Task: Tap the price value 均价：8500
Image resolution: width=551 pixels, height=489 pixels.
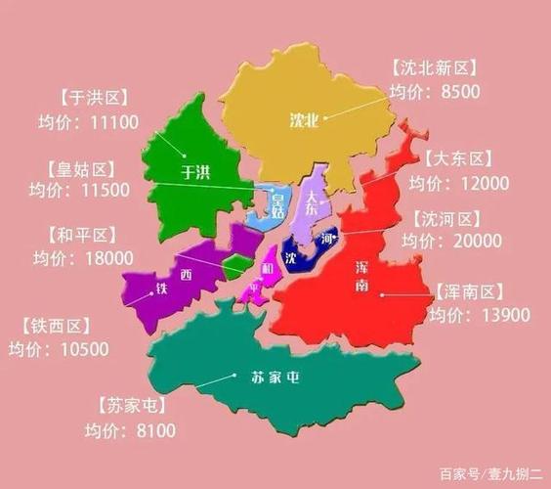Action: click(x=433, y=91)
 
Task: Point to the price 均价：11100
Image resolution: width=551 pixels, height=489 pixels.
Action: click(x=95, y=122)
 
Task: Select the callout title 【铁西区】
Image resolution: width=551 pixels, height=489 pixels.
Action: click(x=55, y=326)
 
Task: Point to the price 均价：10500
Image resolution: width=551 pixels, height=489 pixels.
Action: click(x=58, y=348)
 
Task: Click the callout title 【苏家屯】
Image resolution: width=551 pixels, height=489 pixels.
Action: click(x=133, y=405)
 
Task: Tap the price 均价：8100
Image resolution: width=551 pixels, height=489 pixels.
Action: click(x=129, y=430)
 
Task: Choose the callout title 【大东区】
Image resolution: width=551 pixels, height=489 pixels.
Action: click(x=459, y=159)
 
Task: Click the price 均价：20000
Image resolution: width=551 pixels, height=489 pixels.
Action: click(x=457, y=241)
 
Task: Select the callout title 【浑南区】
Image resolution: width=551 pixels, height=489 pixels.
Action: click(x=468, y=291)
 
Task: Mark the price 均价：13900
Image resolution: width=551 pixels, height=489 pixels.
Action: click(x=481, y=315)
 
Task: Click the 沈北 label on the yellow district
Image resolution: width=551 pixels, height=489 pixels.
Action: click(x=305, y=120)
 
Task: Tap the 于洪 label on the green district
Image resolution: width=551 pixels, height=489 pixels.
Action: click(x=196, y=173)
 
